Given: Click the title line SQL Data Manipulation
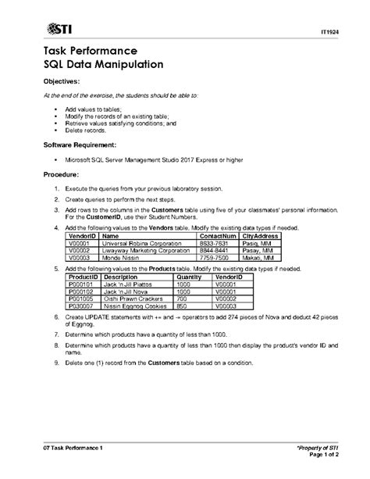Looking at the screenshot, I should click(x=102, y=65).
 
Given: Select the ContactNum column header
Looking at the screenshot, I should click(x=218, y=235).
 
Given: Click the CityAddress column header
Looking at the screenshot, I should click(x=261, y=235).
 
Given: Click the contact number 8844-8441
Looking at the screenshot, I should click(x=214, y=250).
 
